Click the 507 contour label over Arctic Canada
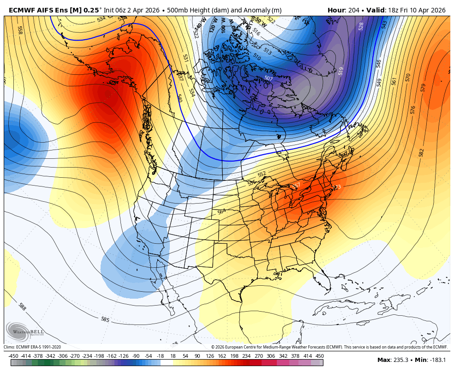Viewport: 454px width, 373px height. (x=269, y=78)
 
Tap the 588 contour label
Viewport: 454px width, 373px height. (x=22, y=307)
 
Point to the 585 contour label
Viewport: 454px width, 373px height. (x=105, y=319)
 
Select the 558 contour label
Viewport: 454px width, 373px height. (x=20, y=30)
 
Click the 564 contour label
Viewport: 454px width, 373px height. (x=222, y=211)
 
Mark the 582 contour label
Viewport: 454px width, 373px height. (x=421, y=152)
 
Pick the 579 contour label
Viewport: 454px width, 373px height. (x=424, y=87)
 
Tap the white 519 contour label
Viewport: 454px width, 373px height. (x=341, y=71)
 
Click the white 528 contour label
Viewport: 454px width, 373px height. (x=361, y=26)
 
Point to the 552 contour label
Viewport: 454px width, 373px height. (x=262, y=174)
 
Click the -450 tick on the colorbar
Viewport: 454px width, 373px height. (x=13, y=356)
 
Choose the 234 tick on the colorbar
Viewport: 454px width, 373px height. (x=246, y=356)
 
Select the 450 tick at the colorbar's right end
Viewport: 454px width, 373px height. (x=319, y=356)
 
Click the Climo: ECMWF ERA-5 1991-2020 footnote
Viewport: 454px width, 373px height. (x=32, y=347)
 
